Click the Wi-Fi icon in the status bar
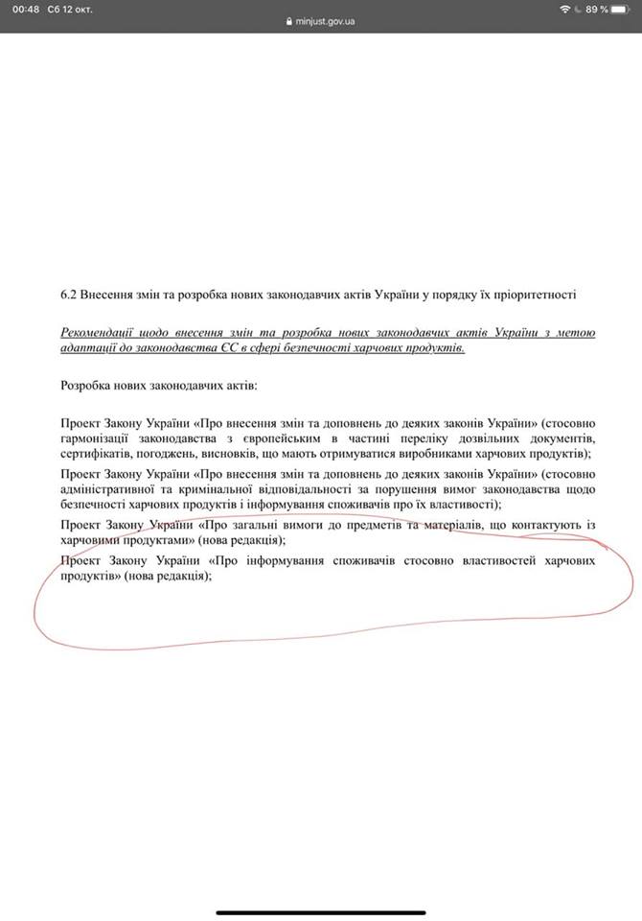pos(568,9)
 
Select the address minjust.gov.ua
pos(325,20)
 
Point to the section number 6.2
pos(67,293)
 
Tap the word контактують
pos(533,524)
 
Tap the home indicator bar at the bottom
pos(320,911)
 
